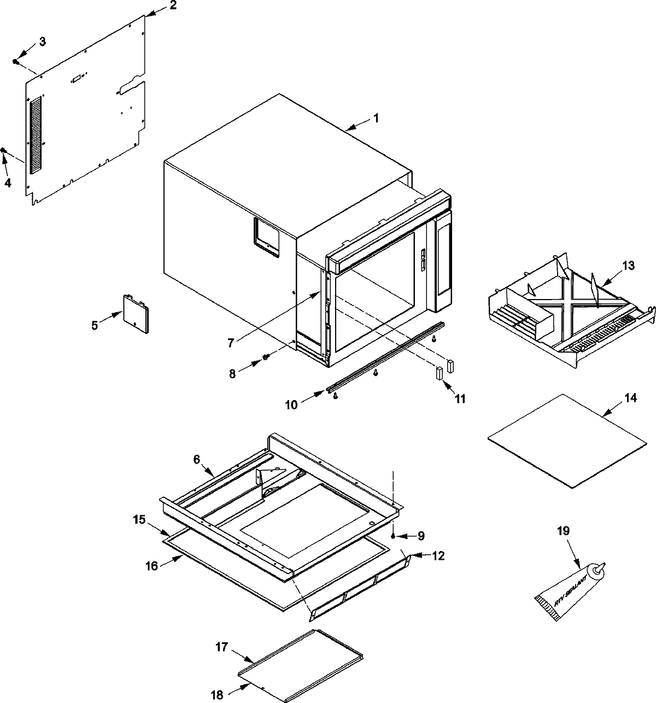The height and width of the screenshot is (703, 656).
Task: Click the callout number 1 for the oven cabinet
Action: tap(376, 118)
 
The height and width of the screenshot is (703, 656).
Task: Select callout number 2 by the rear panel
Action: tap(173, 6)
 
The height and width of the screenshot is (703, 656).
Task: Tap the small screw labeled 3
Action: tap(16, 62)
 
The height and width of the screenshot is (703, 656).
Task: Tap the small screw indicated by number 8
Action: tap(265, 357)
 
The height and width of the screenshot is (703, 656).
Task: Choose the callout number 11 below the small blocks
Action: tap(460, 399)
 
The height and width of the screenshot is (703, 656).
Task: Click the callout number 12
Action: tap(437, 556)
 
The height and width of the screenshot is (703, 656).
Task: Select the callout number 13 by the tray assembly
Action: tap(628, 266)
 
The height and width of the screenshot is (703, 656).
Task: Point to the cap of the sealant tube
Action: tap(599, 570)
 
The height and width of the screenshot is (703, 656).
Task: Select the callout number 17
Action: tap(221, 646)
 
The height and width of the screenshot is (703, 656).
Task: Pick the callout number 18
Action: tap(218, 695)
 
